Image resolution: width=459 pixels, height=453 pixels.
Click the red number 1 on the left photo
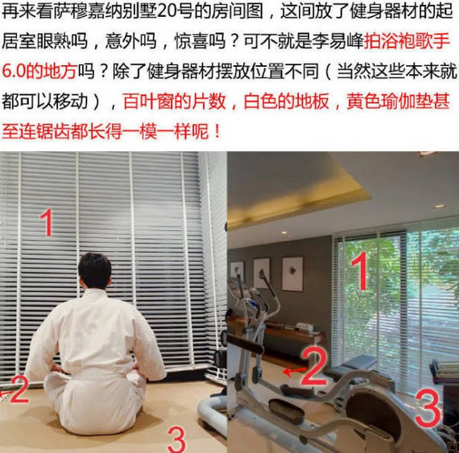tap(48, 222)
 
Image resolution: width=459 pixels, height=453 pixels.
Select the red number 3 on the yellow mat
tap(176, 439)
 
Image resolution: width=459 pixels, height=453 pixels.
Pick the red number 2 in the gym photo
tap(314, 366)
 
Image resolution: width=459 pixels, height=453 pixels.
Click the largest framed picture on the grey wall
tap(292, 274)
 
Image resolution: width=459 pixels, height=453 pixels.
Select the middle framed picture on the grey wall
tap(262, 273)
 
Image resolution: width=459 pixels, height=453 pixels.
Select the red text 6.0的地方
tap(40, 70)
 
